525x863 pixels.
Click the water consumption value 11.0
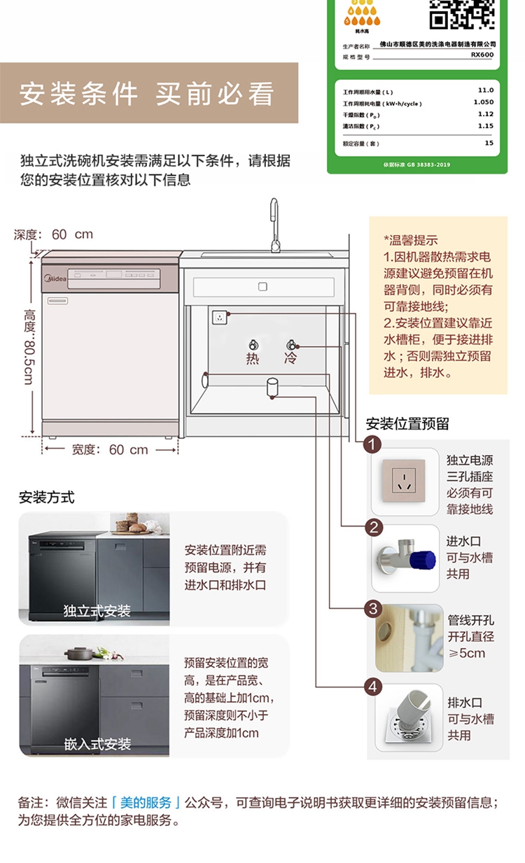click(x=485, y=90)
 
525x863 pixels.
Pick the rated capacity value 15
click(x=489, y=143)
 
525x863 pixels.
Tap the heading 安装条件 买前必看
click(x=147, y=94)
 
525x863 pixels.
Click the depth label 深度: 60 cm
click(x=54, y=234)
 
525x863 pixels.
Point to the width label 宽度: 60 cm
click(x=110, y=449)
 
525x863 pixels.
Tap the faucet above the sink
click(x=274, y=224)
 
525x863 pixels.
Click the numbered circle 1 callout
click(x=373, y=444)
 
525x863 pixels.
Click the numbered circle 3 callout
click(x=373, y=608)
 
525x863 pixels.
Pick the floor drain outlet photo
click(x=408, y=717)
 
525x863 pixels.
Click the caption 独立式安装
click(x=97, y=611)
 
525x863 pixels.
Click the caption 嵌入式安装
click(x=98, y=744)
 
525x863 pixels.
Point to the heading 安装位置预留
click(x=407, y=424)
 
